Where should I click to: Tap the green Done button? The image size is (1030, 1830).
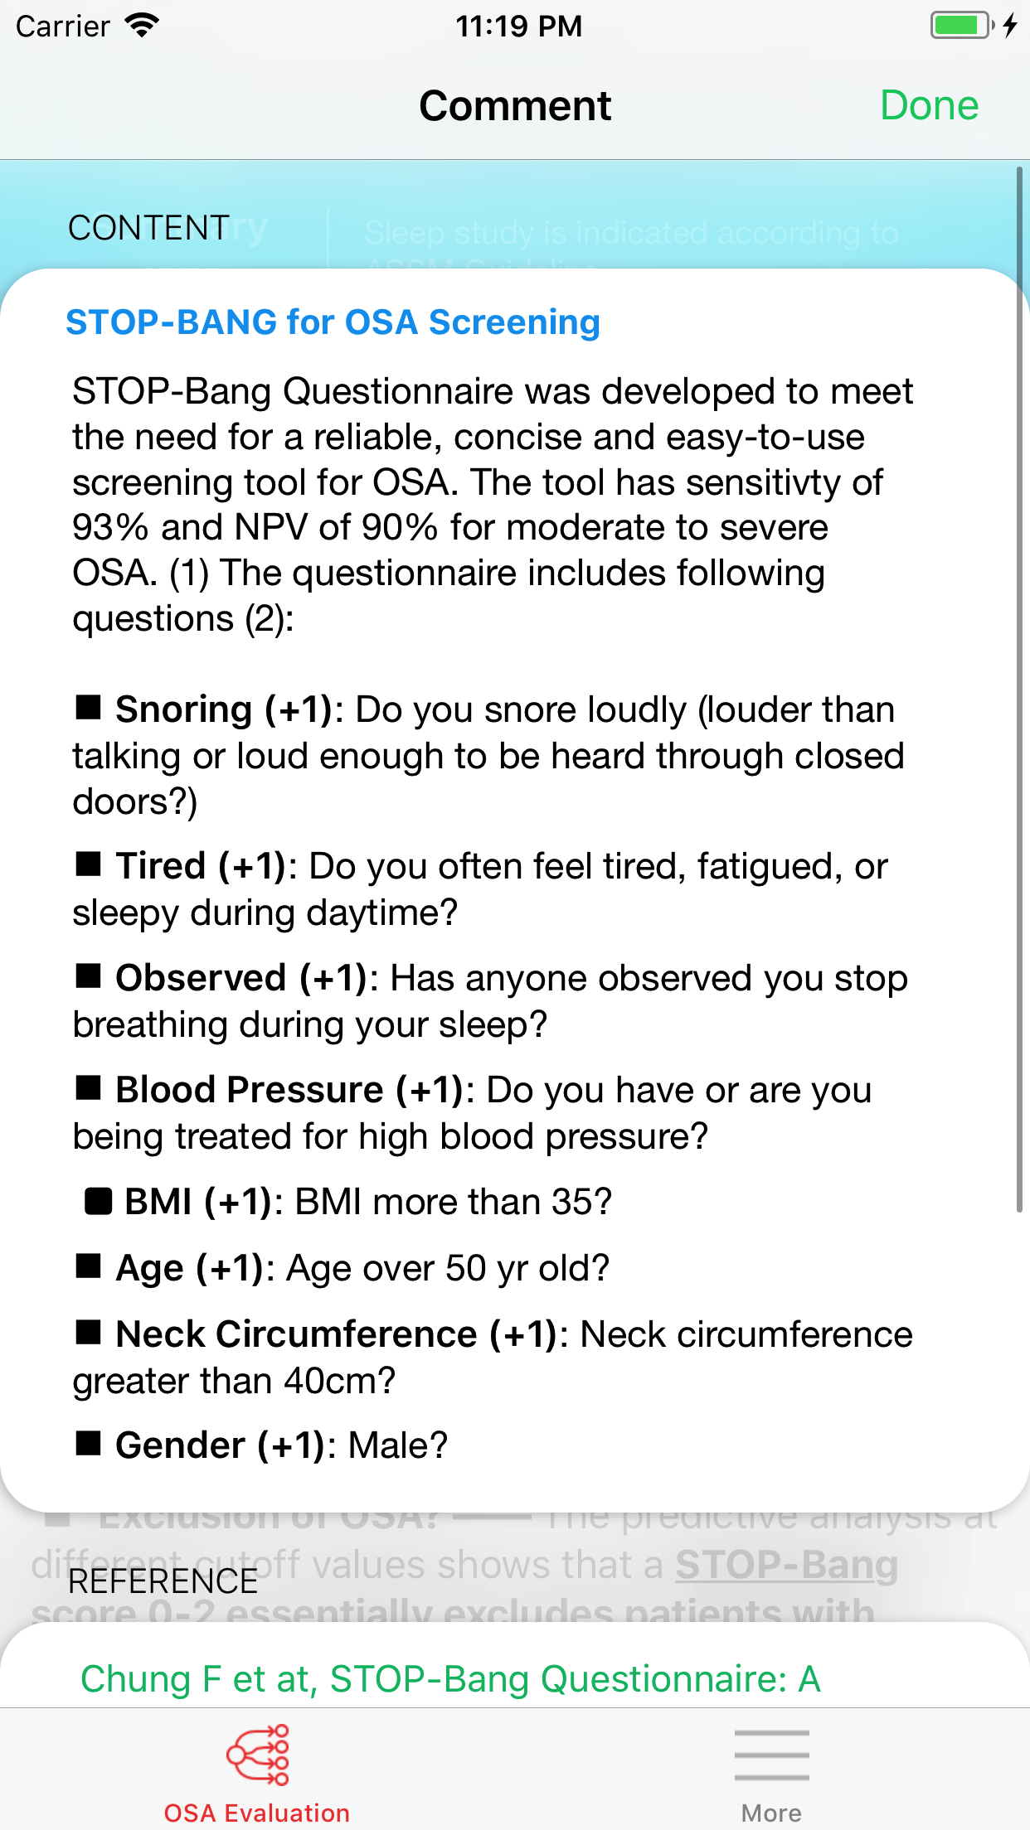click(x=929, y=106)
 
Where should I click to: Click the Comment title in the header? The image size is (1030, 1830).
click(x=515, y=106)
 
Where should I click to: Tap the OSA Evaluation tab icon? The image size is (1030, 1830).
click(x=257, y=1755)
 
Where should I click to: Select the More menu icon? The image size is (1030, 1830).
click(x=771, y=1755)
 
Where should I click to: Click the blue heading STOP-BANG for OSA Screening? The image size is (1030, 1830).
click(x=333, y=322)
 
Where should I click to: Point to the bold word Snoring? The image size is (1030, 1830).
click(x=183, y=709)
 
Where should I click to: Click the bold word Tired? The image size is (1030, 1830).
click(x=160, y=866)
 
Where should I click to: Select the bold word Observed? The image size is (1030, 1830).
click(x=201, y=978)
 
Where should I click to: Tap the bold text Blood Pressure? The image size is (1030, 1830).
click(x=249, y=1090)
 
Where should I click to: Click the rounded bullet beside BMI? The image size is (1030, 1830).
click(x=99, y=1201)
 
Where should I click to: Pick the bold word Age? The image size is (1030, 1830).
click(x=149, y=1268)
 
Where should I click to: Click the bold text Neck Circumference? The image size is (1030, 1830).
click(x=296, y=1334)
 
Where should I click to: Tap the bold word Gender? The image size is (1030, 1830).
click(x=180, y=1445)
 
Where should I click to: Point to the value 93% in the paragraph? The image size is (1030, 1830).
click(x=110, y=528)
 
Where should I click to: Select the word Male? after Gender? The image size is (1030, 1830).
click(x=397, y=1445)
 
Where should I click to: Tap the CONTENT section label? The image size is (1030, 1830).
click(x=148, y=228)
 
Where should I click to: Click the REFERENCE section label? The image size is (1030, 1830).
click(x=163, y=1581)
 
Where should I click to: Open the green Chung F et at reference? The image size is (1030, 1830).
click(x=450, y=1679)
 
